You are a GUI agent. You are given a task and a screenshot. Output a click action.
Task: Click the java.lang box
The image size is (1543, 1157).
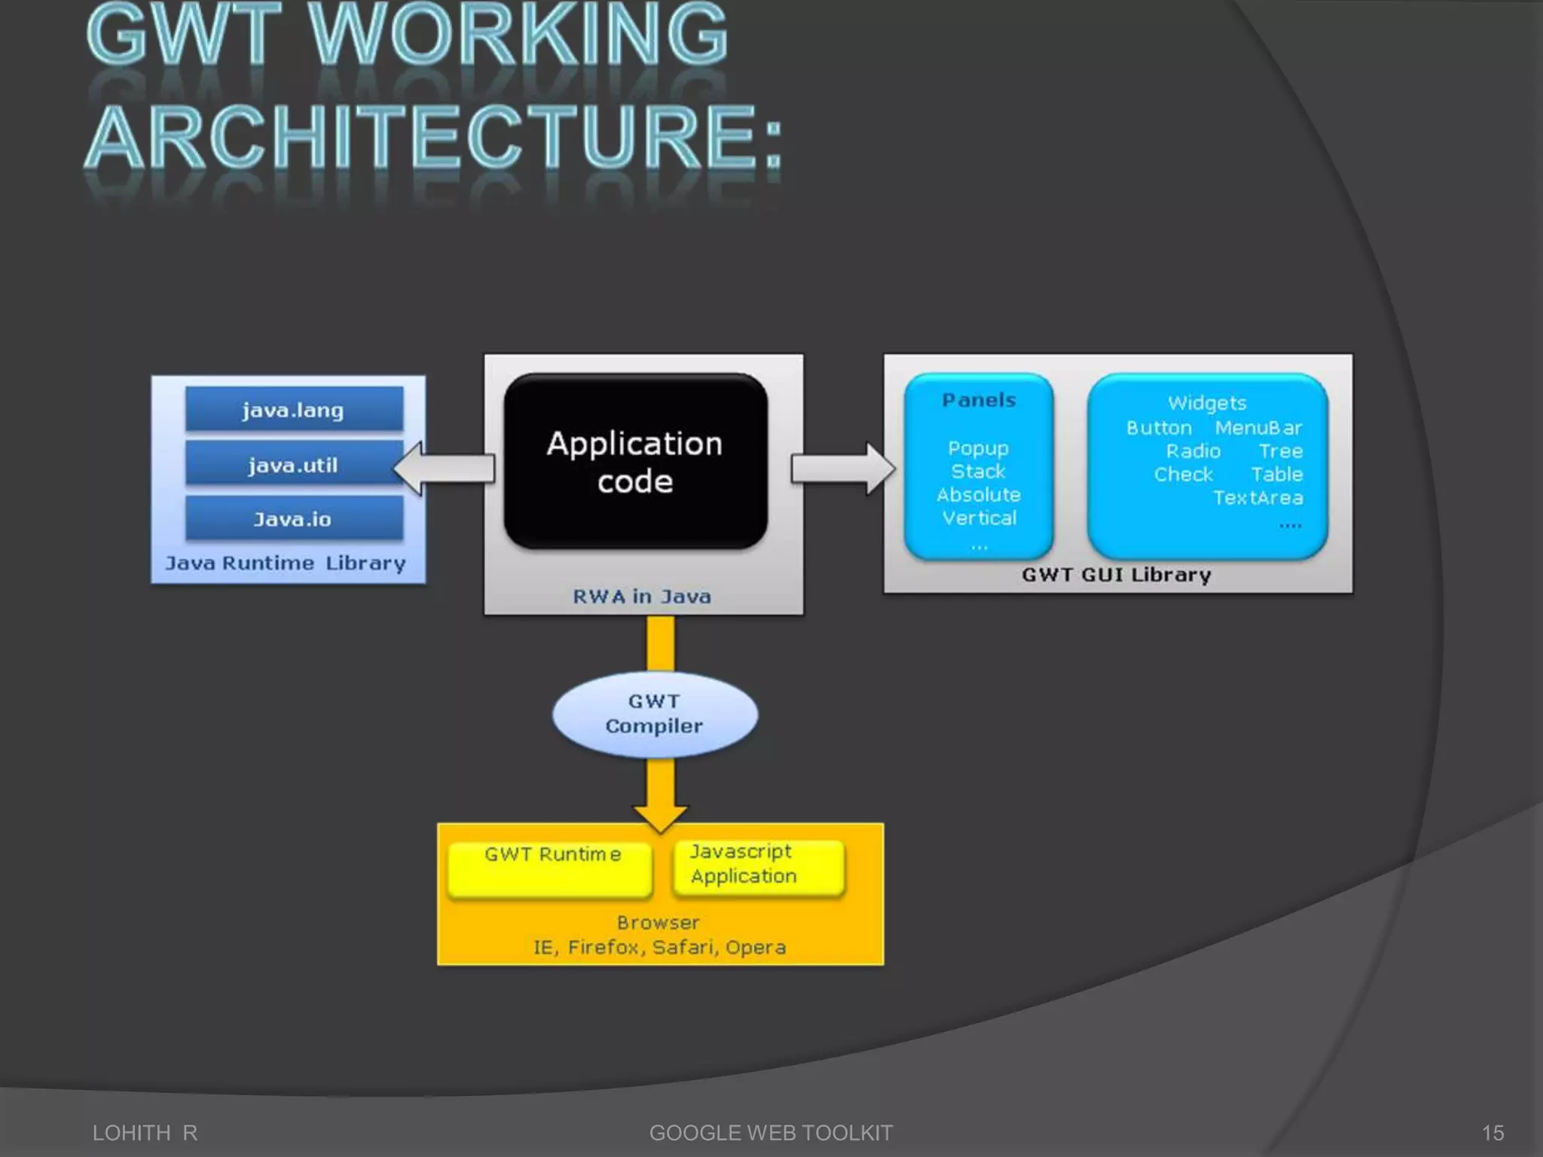[294, 410]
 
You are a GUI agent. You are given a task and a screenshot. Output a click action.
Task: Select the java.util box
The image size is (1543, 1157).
[294, 464]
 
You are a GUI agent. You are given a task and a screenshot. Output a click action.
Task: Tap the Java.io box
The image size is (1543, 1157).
[294, 518]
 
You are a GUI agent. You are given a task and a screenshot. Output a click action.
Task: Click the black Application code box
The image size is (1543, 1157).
[635, 461]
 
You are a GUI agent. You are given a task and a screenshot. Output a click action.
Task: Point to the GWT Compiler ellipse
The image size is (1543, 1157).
[654, 714]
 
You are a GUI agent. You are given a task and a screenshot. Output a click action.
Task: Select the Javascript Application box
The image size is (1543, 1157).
[758, 866]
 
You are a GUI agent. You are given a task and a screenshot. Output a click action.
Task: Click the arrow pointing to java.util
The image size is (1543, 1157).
[445, 469]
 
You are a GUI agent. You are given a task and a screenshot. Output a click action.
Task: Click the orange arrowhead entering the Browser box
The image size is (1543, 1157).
[660, 817]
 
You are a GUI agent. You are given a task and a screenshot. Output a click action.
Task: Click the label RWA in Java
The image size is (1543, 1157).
[642, 597]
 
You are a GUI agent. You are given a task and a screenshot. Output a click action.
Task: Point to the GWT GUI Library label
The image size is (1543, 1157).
[1117, 575]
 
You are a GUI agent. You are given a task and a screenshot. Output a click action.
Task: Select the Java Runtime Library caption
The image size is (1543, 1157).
[286, 563]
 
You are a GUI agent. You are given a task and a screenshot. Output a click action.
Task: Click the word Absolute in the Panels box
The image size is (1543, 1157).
[979, 495]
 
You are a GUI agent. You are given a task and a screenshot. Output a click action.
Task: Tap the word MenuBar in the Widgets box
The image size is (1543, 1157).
[1258, 428]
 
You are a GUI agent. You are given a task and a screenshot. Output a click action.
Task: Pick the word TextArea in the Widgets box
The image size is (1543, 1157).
[1257, 498]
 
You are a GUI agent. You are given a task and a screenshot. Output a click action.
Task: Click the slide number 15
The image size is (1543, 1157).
[1493, 1133]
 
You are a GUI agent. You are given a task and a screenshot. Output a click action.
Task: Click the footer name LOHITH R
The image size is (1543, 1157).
[145, 1133]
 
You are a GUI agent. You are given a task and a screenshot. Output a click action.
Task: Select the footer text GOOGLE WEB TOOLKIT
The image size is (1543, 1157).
[771, 1133]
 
